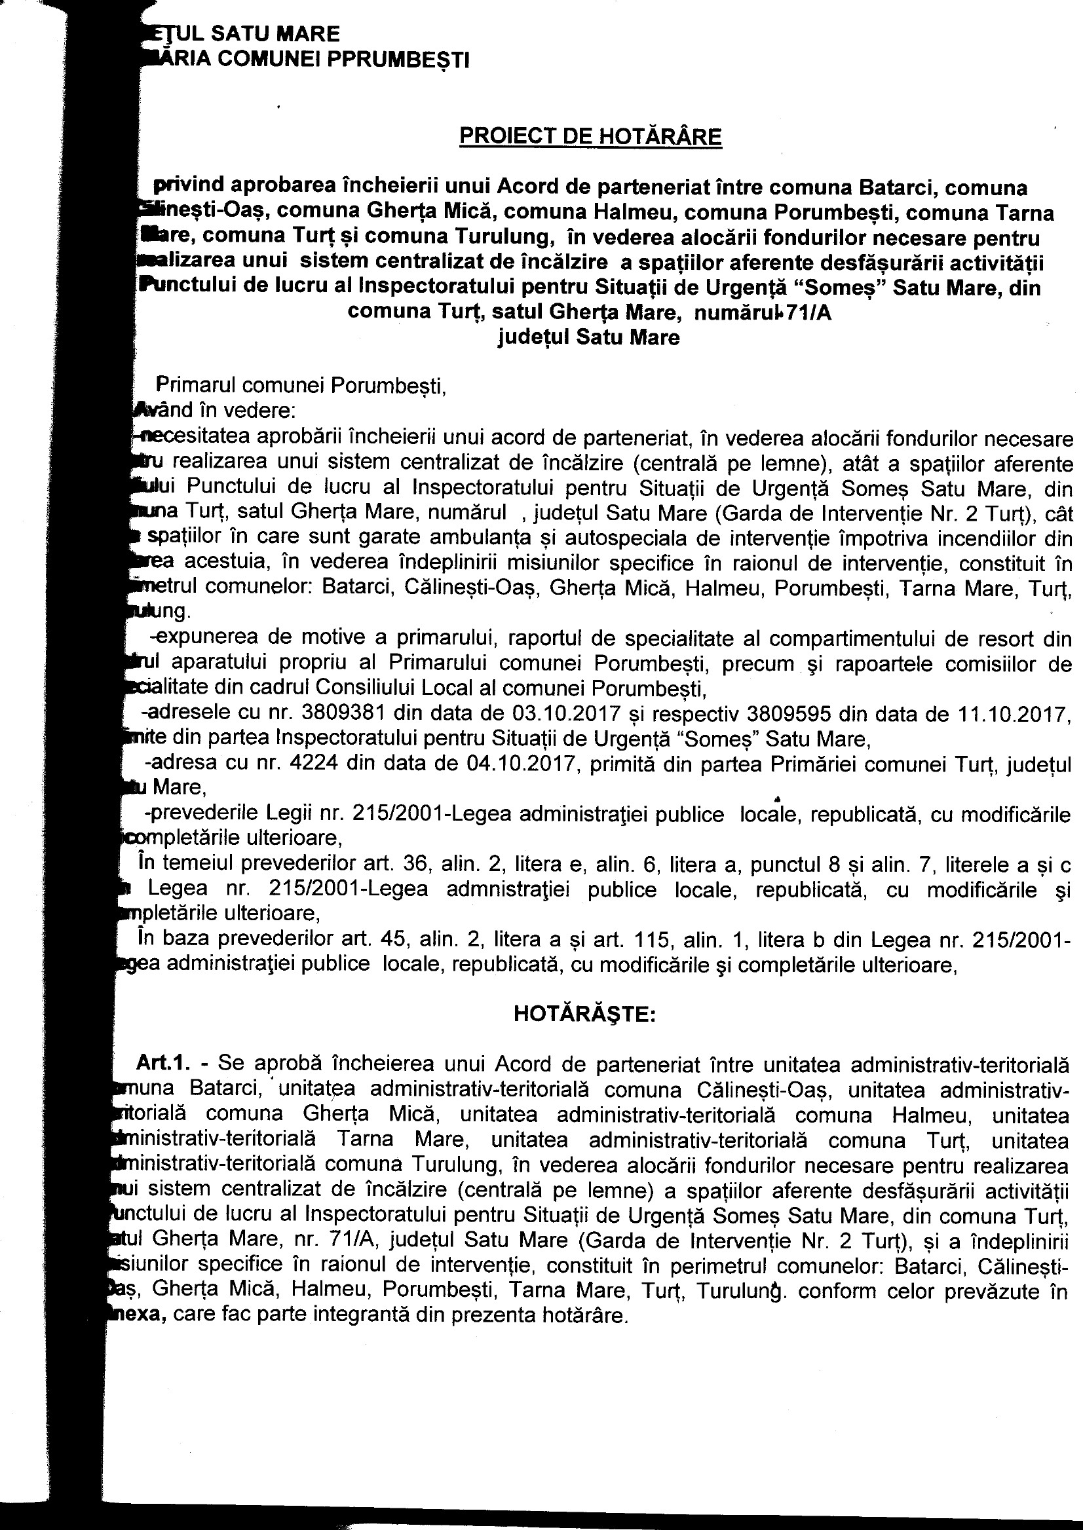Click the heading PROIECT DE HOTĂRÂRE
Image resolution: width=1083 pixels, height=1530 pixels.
coord(590,137)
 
